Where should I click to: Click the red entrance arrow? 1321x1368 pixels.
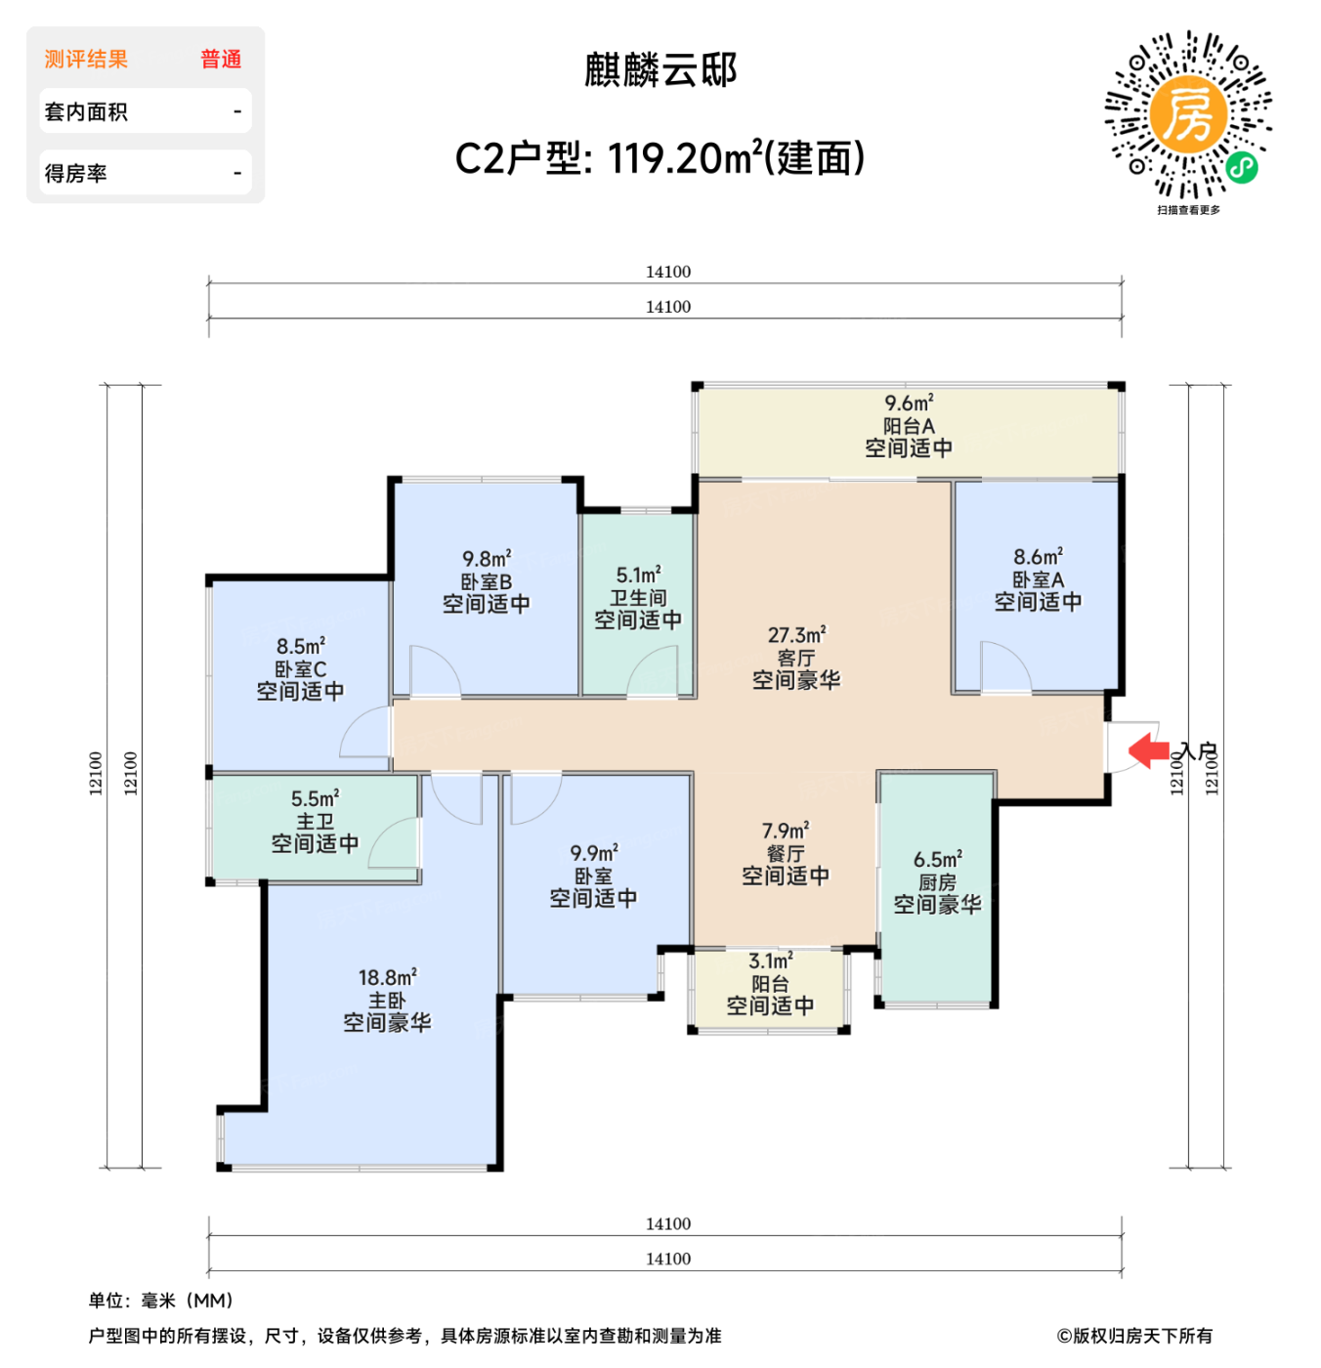point(1149,750)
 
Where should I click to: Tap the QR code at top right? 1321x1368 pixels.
point(1188,115)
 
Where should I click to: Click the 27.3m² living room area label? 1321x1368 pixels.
point(796,658)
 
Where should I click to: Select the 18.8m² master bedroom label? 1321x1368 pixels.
point(387,1000)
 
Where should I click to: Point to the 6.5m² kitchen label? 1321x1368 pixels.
point(937,882)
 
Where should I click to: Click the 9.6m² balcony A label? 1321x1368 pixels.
point(909,426)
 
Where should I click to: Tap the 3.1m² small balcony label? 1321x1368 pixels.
point(770,983)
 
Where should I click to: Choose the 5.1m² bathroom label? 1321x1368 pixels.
point(638,597)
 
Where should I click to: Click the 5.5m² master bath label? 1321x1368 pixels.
point(315,821)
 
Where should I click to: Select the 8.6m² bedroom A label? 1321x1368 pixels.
point(1038,579)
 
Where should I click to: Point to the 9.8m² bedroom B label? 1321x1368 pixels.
point(486,581)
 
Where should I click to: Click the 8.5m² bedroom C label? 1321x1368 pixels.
point(300,668)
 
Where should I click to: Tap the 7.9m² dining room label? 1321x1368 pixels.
point(785,853)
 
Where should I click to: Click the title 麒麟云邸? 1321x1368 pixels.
point(660,70)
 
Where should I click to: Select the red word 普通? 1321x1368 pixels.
point(221,60)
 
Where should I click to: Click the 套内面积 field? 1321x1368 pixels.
point(145,111)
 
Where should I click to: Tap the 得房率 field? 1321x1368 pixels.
point(145,173)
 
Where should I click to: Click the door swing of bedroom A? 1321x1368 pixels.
point(1004,667)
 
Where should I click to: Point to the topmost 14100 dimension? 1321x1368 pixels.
point(667,272)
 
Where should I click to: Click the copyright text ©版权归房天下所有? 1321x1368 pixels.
point(1134,1336)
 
